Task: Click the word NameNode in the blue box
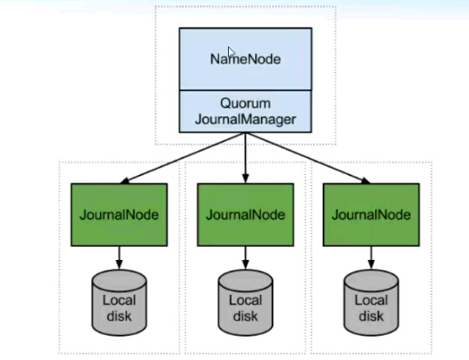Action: (x=245, y=59)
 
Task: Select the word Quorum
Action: (x=245, y=103)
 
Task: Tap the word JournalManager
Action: (x=245, y=120)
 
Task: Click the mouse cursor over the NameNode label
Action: (x=231, y=51)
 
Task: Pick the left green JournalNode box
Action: (x=119, y=215)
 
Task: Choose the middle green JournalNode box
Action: (x=245, y=215)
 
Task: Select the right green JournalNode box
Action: (x=372, y=215)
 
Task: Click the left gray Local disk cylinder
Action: (x=119, y=303)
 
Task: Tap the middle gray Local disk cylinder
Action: (x=245, y=303)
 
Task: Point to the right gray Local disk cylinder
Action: (x=372, y=303)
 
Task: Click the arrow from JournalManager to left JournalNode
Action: (x=183, y=158)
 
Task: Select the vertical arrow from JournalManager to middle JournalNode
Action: (x=245, y=158)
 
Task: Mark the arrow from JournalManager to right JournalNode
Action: (x=308, y=158)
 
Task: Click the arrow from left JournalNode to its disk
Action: (x=119, y=257)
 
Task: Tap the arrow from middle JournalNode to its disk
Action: (x=245, y=257)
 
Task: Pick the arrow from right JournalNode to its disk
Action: (x=372, y=257)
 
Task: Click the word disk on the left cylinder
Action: (x=119, y=316)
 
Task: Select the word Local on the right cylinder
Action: (x=372, y=300)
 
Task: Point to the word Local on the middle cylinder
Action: (x=245, y=300)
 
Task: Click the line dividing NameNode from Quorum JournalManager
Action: (x=245, y=90)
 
